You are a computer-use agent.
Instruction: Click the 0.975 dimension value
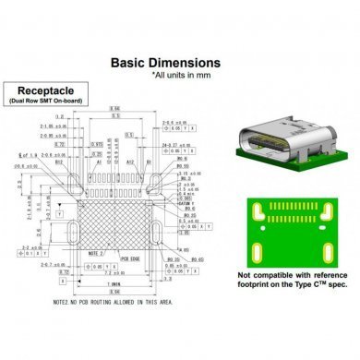97,144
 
